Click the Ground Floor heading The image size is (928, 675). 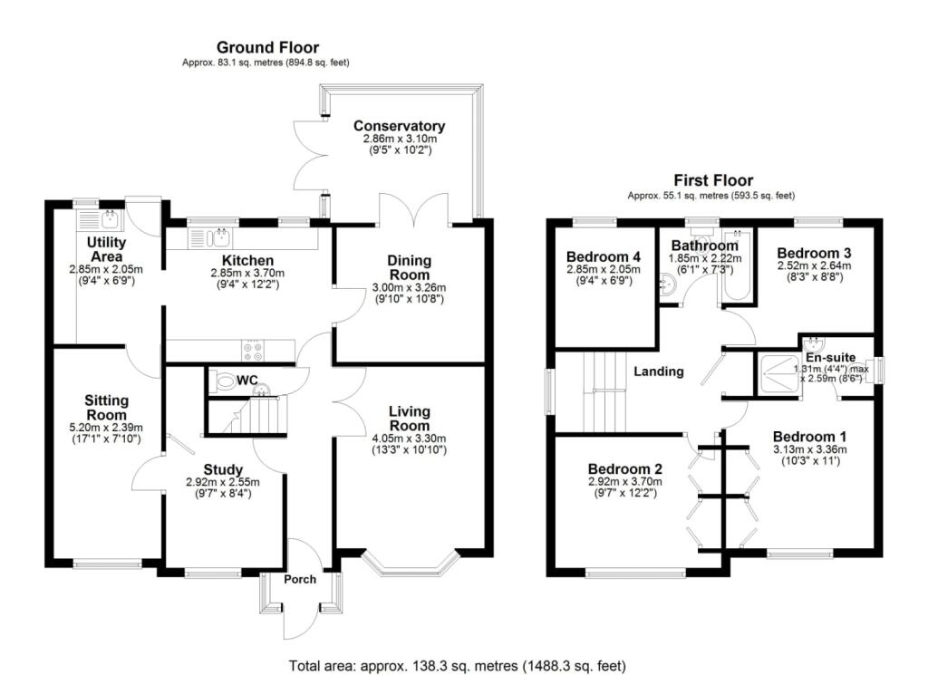(x=266, y=47)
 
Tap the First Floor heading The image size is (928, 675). (x=712, y=180)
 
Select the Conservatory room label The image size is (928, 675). (x=399, y=126)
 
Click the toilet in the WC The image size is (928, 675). (x=223, y=382)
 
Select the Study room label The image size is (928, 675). (x=223, y=469)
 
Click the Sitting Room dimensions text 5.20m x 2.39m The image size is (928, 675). (x=106, y=428)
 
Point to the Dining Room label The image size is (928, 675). (x=410, y=267)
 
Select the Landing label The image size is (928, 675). (x=658, y=371)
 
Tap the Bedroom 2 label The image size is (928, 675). (x=625, y=468)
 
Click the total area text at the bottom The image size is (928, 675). (x=457, y=666)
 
